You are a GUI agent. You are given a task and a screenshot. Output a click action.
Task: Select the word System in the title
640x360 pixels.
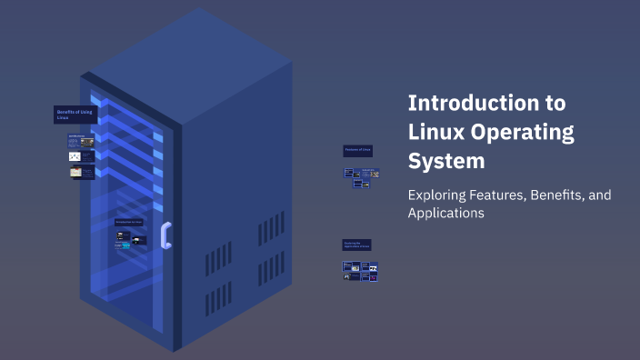coord(446,162)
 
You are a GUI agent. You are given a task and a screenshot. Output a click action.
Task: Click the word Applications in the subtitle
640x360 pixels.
coord(445,214)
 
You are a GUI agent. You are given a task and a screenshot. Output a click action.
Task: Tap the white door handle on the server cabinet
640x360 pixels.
coord(165,235)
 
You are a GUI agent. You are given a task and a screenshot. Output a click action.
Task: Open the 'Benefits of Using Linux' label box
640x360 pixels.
coord(75,115)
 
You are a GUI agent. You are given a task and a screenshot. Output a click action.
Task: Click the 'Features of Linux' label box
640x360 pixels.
coord(357,150)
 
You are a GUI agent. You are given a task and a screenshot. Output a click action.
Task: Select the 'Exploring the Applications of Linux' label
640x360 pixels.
coord(356,245)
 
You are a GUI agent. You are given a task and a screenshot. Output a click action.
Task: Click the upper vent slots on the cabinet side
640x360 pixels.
coord(271,227)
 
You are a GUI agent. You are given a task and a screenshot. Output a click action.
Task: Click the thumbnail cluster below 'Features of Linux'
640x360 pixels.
coord(361,177)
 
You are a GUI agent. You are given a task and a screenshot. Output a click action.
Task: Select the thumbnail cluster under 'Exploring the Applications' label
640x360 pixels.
coord(360,271)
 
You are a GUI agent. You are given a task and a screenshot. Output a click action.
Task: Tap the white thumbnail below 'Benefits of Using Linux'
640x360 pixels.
coord(75,156)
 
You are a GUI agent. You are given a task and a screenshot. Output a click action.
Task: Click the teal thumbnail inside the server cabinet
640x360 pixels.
coord(139,242)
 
